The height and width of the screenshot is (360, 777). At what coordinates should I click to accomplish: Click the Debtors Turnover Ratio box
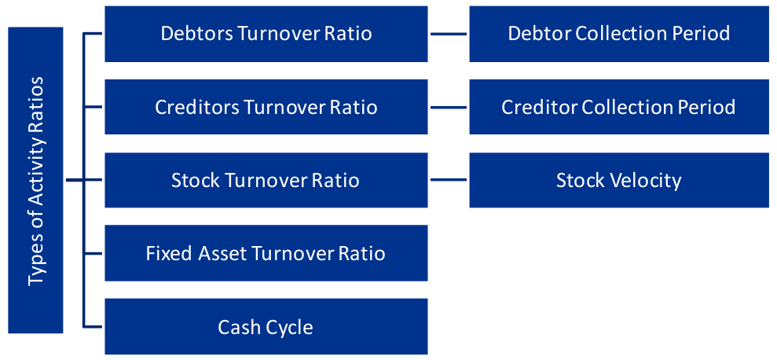coord(266,34)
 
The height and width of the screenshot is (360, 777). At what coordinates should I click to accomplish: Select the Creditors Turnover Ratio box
coord(266,107)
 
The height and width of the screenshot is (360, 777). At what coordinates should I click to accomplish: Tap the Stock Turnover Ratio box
coord(266,180)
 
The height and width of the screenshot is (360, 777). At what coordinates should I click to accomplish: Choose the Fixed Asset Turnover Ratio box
coord(266,253)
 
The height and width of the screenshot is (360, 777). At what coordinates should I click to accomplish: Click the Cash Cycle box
coord(266,326)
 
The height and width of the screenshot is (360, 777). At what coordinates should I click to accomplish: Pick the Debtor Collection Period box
coord(619,34)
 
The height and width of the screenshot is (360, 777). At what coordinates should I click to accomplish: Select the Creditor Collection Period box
coord(619,107)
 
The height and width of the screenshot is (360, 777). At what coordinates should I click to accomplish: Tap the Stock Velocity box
coord(619,180)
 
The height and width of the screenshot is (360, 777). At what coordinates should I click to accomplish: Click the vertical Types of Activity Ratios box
coord(35,180)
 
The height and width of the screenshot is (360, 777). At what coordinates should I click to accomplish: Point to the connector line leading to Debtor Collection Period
coord(449,34)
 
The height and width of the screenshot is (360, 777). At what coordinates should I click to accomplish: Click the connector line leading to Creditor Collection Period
coord(449,107)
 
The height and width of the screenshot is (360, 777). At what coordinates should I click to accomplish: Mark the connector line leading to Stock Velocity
coord(449,180)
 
